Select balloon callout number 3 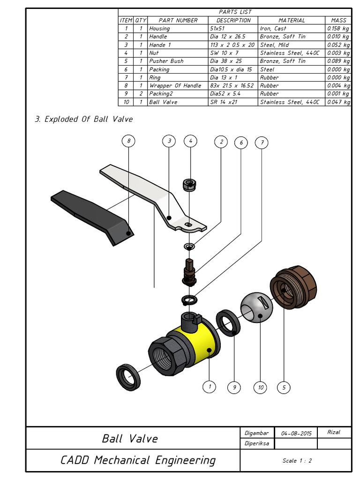tap(169, 141)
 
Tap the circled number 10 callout tap(260, 387)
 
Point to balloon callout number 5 tap(284, 387)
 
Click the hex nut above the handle tap(189, 185)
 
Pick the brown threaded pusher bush tap(294, 286)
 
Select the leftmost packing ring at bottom tap(128, 377)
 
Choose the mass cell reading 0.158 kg tap(338, 29)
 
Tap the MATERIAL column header tap(291, 20)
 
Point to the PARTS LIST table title tap(235, 12)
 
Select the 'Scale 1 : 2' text tap(297, 460)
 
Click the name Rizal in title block tap(333, 432)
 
